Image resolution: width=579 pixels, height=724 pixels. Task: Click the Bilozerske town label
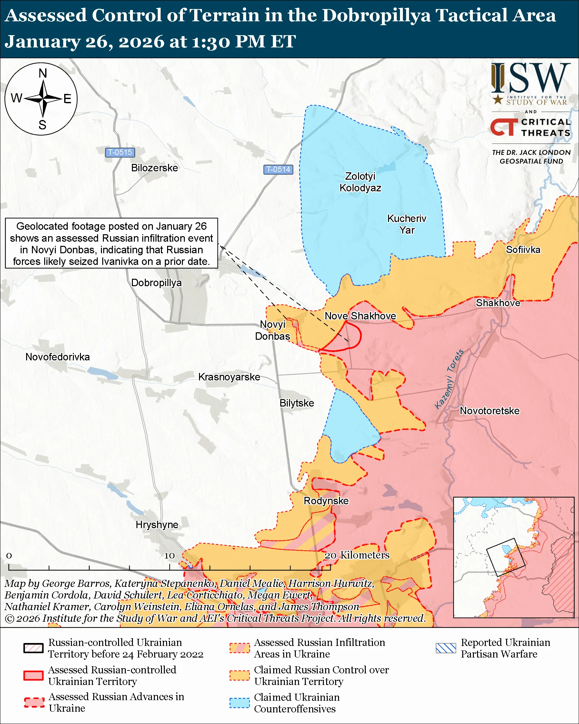coord(155,168)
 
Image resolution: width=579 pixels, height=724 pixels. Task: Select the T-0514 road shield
coord(278,169)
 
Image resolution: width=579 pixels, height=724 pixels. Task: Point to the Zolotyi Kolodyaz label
coord(360,182)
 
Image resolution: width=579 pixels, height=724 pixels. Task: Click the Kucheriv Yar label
coord(406,224)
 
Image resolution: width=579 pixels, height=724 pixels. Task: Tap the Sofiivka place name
coord(523,250)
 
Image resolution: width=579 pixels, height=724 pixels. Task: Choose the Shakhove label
coord(498,303)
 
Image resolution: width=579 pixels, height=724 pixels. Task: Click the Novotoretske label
coord(489,411)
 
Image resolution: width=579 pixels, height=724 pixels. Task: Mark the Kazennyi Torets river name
coord(449,379)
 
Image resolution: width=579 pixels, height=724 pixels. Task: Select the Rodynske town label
coord(326,501)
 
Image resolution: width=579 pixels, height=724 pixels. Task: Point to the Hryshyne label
coord(157,525)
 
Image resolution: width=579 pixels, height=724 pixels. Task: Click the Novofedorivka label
coord(58,357)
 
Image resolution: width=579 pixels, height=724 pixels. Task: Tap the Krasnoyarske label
coord(229,377)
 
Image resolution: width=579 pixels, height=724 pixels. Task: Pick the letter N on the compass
coord(43,73)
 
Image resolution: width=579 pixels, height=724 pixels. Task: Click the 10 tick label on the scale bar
coord(169,556)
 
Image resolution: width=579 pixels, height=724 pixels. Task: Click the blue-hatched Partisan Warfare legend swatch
coord(446,648)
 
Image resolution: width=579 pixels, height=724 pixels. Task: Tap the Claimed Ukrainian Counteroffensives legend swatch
coord(240,703)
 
